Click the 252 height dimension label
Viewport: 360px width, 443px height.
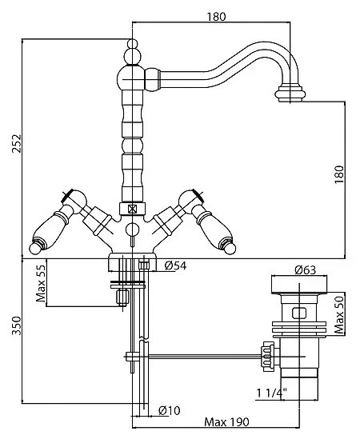pyautogui.click(x=17, y=143)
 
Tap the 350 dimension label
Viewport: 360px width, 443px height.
pyautogui.click(x=17, y=325)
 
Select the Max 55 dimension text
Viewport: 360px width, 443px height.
pyautogui.click(x=41, y=283)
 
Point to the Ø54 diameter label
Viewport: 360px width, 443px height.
pyautogui.click(x=175, y=265)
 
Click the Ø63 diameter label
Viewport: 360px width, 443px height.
pyautogui.click(x=305, y=269)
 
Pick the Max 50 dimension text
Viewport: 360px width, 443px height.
pyautogui.click(x=339, y=314)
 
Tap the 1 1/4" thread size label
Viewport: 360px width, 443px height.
pyautogui.click(x=271, y=393)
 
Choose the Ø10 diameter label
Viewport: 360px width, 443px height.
pyautogui.click(x=170, y=410)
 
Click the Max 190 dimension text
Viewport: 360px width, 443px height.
pyautogui.click(x=226, y=422)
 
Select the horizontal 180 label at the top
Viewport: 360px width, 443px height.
pyautogui.click(x=217, y=17)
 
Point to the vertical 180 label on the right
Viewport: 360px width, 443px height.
pyautogui.click(x=339, y=174)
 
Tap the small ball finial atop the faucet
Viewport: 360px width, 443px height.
pyautogui.click(x=132, y=44)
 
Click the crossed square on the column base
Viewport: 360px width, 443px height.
pyautogui.click(x=132, y=210)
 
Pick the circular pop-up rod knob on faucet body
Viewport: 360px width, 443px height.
pyautogui.click(x=132, y=229)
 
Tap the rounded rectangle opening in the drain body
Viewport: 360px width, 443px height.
pyautogui.click(x=299, y=313)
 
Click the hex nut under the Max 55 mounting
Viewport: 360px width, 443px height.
pyautogui.click(x=122, y=297)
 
